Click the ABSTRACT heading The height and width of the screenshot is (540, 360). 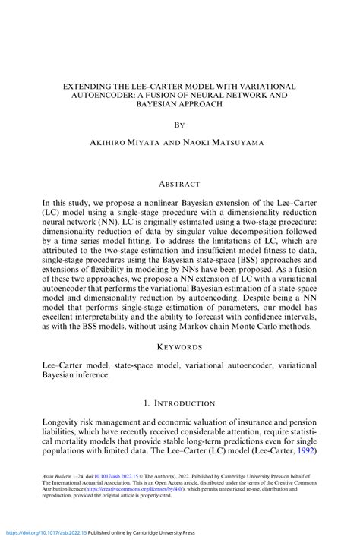point(179,184)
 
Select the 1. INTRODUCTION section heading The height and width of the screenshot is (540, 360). point(179,403)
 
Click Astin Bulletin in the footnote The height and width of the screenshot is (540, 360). point(58,471)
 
